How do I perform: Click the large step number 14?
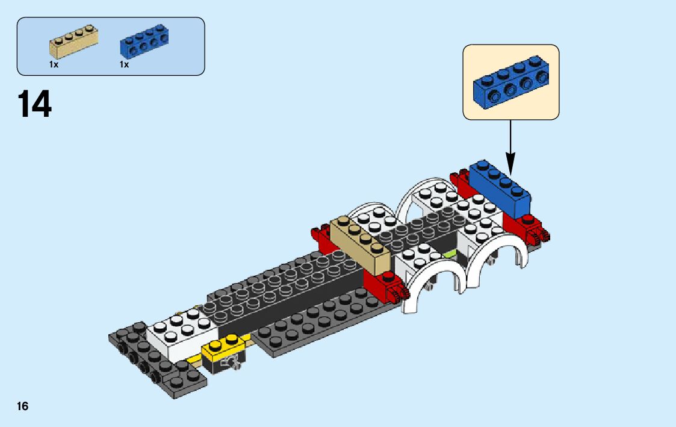click(x=35, y=104)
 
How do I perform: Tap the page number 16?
click(x=22, y=407)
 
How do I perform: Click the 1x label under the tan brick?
click(x=54, y=64)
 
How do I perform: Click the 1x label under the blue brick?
click(x=124, y=64)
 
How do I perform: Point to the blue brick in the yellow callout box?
click(x=511, y=83)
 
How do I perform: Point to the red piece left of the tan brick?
click(x=320, y=240)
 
